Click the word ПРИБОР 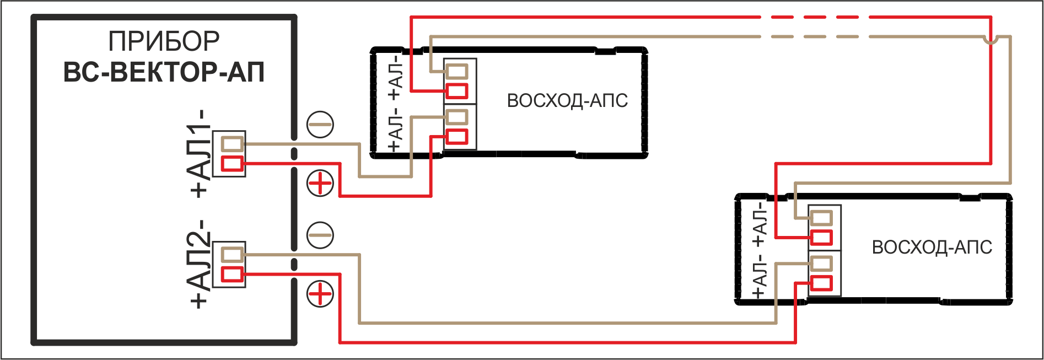point(164,41)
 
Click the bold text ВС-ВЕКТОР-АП point(164,72)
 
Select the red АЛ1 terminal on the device point(232,164)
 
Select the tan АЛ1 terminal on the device point(232,144)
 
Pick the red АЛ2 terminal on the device point(232,274)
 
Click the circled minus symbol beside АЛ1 point(320,124)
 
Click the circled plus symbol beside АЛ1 point(320,184)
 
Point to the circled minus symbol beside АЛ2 point(320,235)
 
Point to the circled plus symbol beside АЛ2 point(320,293)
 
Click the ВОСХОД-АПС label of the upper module point(567,101)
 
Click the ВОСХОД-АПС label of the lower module point(932,248)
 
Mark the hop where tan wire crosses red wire point(991,40)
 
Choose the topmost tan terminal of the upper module point(457,71)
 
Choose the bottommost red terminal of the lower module point(822,283)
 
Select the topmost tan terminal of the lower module point(822,218)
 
